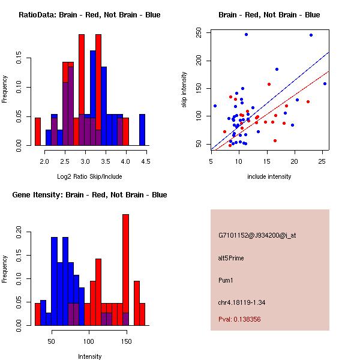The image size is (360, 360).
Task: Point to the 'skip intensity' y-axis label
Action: tap(185, 90)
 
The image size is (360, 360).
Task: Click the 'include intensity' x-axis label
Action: tap(269, 176)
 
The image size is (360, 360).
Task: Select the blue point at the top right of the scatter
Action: tap(311, 35)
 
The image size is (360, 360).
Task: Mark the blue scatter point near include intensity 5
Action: tap(215, 106)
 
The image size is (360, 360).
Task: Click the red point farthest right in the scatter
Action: tap(308, 101)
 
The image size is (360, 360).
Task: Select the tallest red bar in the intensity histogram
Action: tap(125, 269)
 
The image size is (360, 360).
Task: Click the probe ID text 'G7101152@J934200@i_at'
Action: tap(257, 235)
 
